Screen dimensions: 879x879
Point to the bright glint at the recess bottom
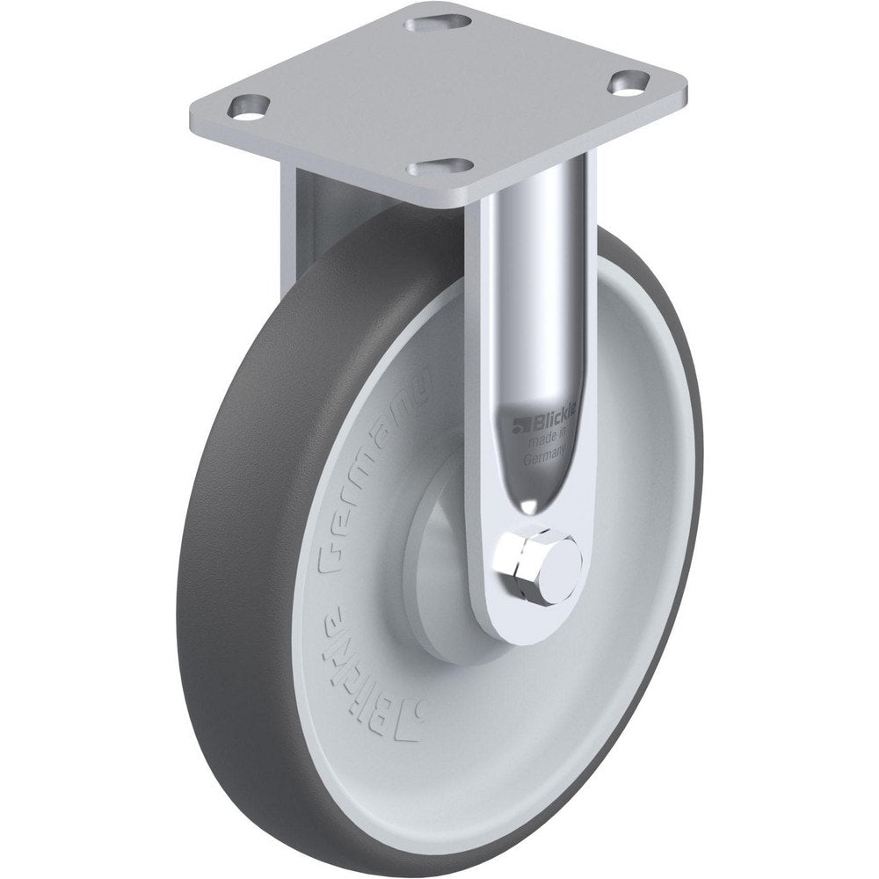pos(531,506)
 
